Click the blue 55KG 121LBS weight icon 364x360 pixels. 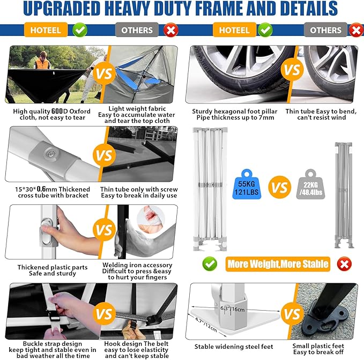247,184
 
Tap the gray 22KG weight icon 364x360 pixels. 310,184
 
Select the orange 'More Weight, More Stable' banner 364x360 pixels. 278,264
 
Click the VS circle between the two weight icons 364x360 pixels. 279,187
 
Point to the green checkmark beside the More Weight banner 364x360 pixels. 210,264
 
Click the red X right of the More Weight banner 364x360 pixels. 344,264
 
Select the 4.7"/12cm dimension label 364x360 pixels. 206,325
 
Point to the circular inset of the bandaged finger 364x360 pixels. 151,218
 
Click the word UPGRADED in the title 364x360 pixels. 62,9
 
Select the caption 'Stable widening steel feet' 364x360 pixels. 234,347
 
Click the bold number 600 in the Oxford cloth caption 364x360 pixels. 57,111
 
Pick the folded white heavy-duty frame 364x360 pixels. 210,189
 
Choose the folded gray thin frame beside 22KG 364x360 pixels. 344,195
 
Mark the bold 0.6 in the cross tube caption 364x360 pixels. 41,189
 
